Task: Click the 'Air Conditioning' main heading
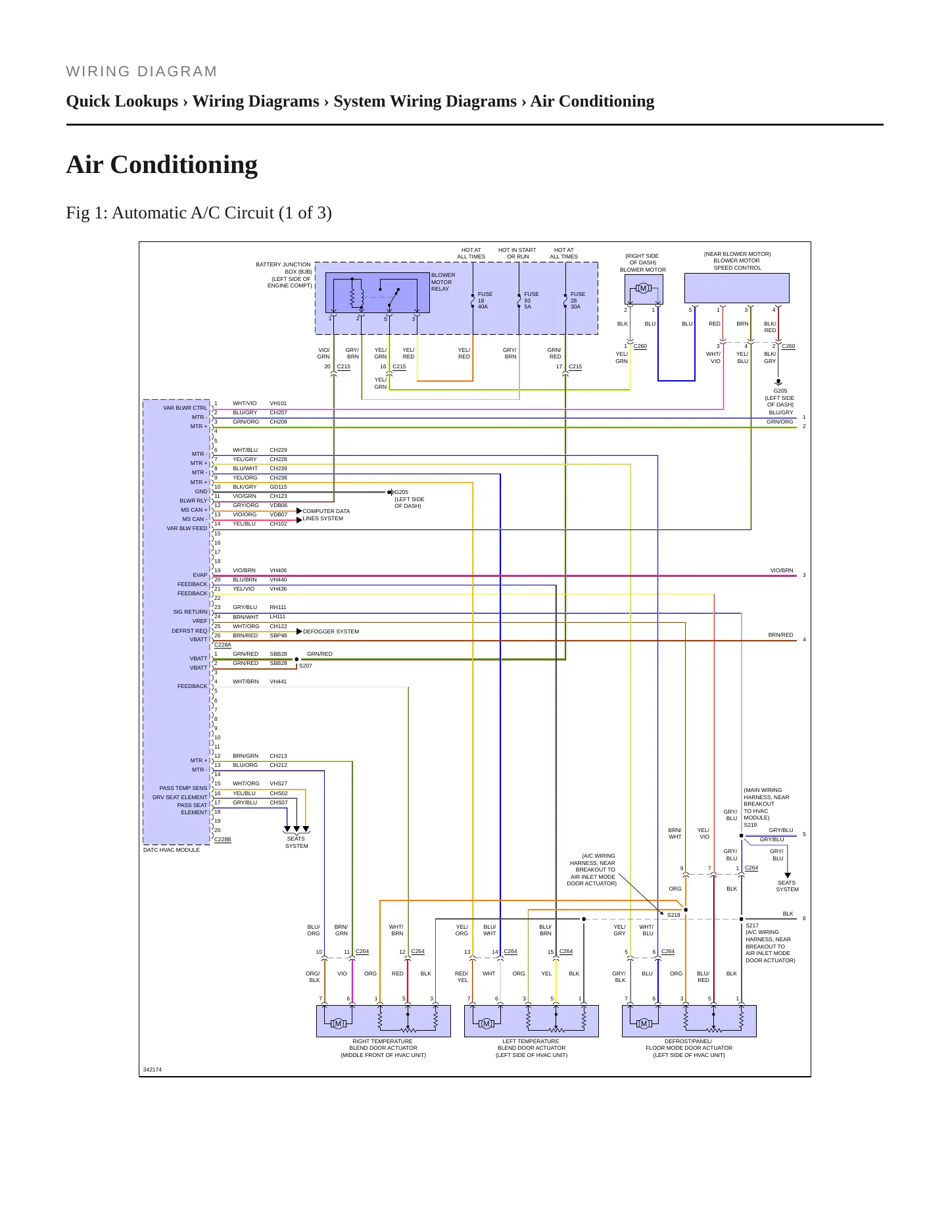pyautogui.click(x=162, y=164)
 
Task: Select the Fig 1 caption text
pyautogui.click(x=199, y=213)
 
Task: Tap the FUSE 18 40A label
pyautogui.click(x=485, y=301)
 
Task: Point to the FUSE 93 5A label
pyautogui.click(x=531, y=301)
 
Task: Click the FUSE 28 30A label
pyautogui.click(x=577, y=301)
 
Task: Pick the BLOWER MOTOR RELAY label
pyautogui.click(x=443, y=282)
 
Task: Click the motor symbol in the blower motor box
pyautogui.click(x=643, y=288)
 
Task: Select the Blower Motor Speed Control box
pyautogui.click(x=736, y=289)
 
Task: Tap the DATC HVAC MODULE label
pyautogui.click(x=172, y=850)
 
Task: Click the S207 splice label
pyautogui.click(x=306, y=666)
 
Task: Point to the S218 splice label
pyautogui.click(x=674, y=915)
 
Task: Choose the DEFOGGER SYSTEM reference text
pyautogui.click(x=331, y=631)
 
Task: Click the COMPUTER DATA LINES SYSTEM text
pyautogui.click(x=326, y=514)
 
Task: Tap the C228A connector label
pyautogui.click(x=223, y=645)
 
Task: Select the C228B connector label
pyautogui.click(x=223, y=839)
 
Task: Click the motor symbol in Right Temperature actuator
pyautogui.click(x=338, y=1023)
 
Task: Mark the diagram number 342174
pyautogui.click(x=153, y=1070)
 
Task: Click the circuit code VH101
pyautogui.click(x=278, y=403)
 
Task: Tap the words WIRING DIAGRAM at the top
pyautogui.click(x=141, y=72)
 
